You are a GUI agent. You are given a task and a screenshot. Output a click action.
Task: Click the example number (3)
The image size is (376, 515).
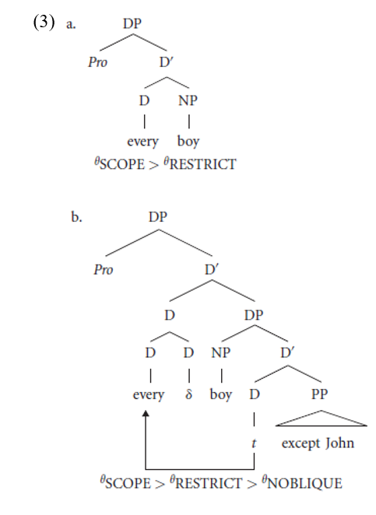44,23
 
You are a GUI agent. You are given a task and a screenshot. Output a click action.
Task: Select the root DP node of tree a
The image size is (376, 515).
132,23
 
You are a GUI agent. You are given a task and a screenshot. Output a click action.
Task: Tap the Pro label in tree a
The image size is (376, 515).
97,62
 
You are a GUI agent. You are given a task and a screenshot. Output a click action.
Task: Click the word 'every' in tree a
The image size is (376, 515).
142,142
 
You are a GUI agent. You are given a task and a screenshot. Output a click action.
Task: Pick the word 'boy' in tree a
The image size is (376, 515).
188,142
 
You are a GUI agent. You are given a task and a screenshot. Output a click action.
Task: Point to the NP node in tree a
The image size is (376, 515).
188,100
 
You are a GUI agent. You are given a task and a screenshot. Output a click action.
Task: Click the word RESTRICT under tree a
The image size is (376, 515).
202,164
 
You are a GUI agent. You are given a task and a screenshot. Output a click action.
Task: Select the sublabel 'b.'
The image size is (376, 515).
76,217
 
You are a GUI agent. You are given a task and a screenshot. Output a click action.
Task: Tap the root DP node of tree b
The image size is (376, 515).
158,217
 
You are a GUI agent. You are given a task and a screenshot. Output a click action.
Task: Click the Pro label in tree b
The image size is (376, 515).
104,270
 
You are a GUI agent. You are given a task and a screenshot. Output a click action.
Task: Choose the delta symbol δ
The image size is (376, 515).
188,394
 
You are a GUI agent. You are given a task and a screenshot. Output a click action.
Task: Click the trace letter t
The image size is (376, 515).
254,443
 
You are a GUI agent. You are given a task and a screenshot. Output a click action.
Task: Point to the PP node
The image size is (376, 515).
320,394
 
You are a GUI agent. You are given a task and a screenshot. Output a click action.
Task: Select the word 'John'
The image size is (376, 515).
340,443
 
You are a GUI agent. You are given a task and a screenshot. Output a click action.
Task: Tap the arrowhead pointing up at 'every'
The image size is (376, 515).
146,413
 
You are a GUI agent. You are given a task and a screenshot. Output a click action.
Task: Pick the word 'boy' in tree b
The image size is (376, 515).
221,394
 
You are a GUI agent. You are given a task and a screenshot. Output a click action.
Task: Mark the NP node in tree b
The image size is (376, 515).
221,353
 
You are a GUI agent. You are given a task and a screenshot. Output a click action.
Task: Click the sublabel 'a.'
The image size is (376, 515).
71,24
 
